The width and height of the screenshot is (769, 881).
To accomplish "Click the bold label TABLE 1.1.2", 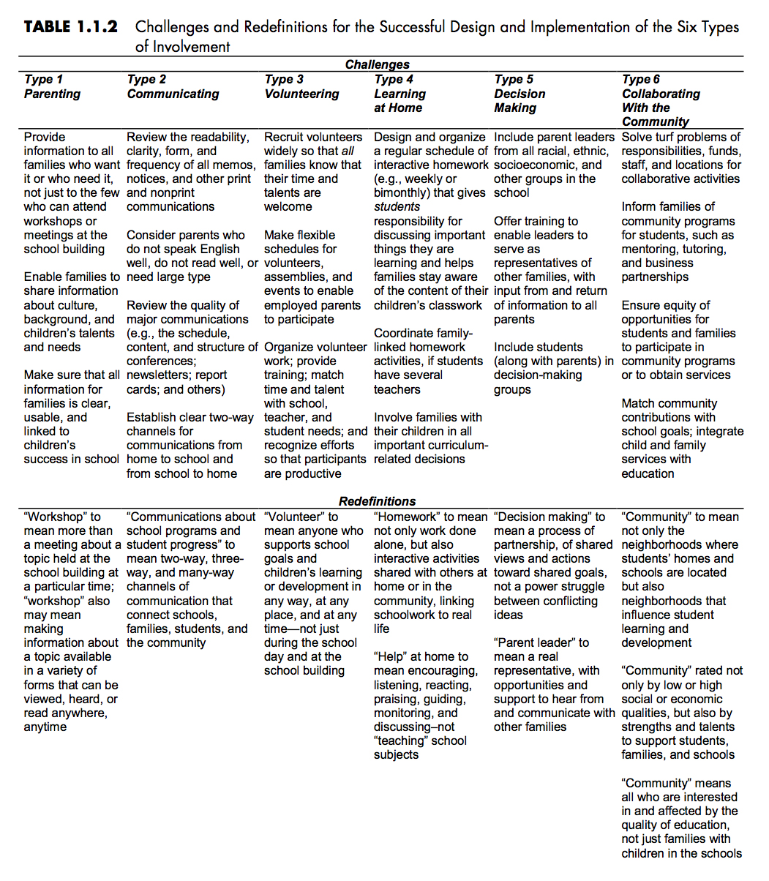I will (x=70, y=27).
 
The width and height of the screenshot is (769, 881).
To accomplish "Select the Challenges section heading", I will (x=377, y=64).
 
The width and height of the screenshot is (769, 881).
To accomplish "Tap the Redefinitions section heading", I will (x=377, y=501).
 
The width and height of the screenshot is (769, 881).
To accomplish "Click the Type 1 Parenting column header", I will (x=52, y=86).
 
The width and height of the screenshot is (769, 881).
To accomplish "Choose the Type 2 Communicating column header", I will (x=173, y=86).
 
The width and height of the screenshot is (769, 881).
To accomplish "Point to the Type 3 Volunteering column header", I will (x=301, y=86).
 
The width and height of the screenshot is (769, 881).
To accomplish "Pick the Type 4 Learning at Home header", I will (x=399, y=94).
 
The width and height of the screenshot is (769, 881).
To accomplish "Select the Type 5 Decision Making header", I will (x=519, y=94).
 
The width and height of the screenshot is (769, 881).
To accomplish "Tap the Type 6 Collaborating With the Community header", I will (x=660, y=100).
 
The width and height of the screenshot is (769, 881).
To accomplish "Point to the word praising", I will (x=397, y=699).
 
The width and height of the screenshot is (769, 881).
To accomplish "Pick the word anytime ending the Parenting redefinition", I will (x=45, y=727).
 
